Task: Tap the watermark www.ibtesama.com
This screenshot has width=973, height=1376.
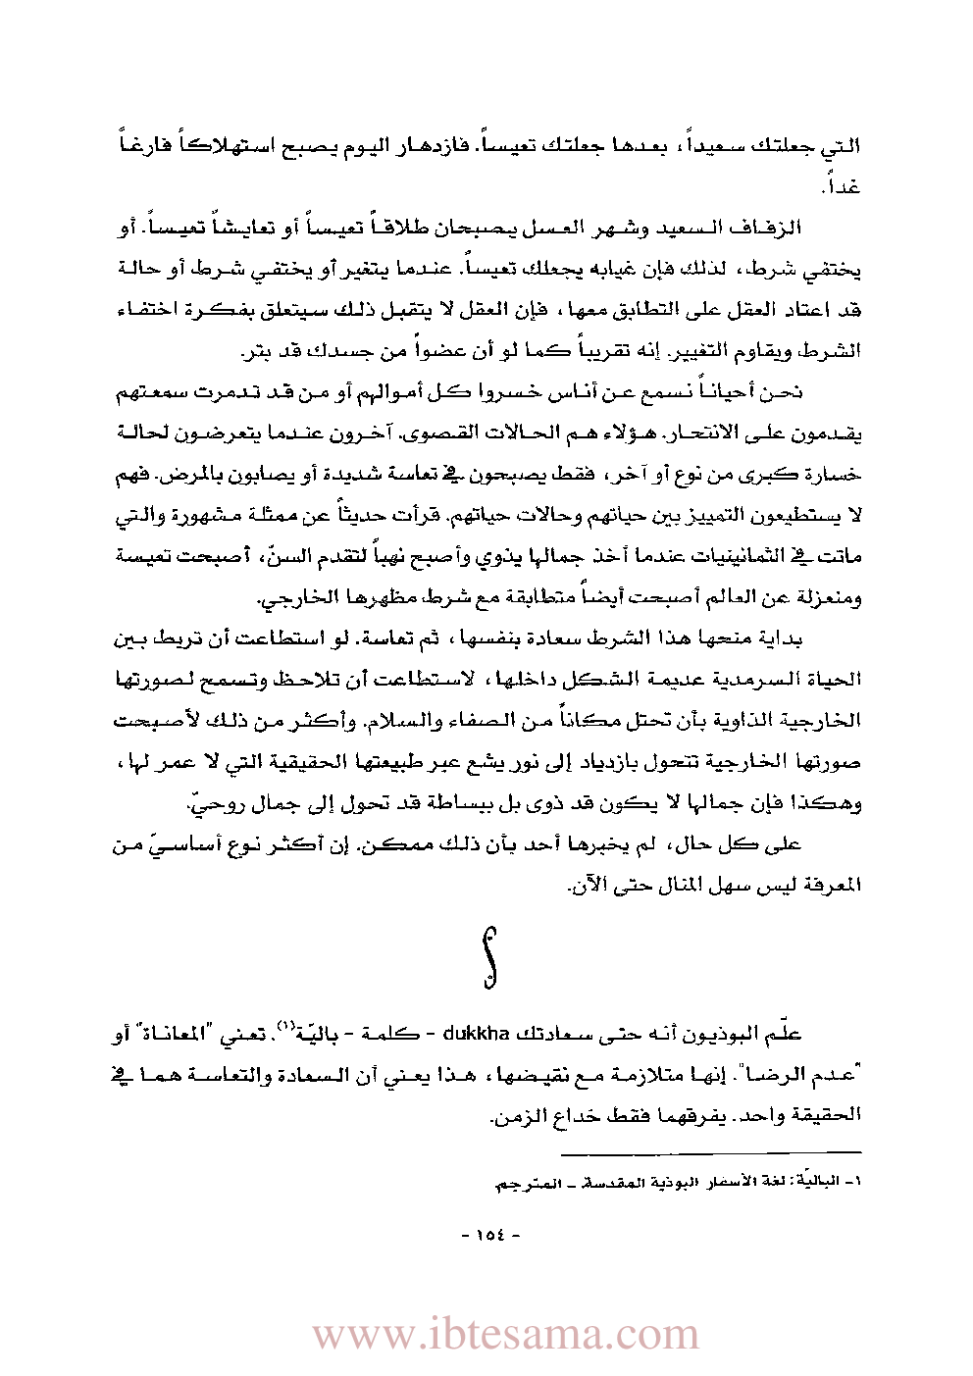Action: point(506,1334)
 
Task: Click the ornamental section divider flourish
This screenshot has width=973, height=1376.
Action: point(489,955)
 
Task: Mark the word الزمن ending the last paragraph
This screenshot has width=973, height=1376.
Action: point(516,1115)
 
